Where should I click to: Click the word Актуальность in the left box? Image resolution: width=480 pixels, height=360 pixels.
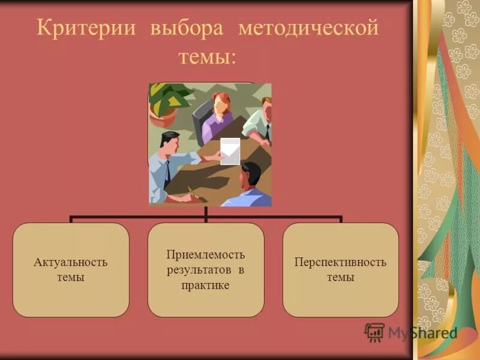pyautogui.click(x=71, y=262)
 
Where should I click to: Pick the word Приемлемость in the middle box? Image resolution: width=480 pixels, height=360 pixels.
pyautogui.click(x=206, y=254)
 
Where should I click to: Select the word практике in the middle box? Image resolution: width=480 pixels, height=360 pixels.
pyautogui.click(x=206, y=286)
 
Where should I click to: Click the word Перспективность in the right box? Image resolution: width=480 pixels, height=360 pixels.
pyautogui.click(x=340, y=262)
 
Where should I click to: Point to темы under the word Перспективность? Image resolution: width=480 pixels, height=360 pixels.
pyautogui.click(x=340, y=278)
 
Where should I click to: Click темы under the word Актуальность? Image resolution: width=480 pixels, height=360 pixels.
pyautogui.click(x=71, y=278)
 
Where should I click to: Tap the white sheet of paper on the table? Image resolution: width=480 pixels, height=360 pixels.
pyautogui.click(x=230, y=151)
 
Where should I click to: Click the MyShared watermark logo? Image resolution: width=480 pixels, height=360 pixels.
pyautogui.click(x=411, y=332)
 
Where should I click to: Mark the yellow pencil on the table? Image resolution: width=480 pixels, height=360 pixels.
pyautogui.click(x=191, y=191)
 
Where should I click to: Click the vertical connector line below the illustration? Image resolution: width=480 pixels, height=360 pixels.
pyautogui.click(x=206, y=211)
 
